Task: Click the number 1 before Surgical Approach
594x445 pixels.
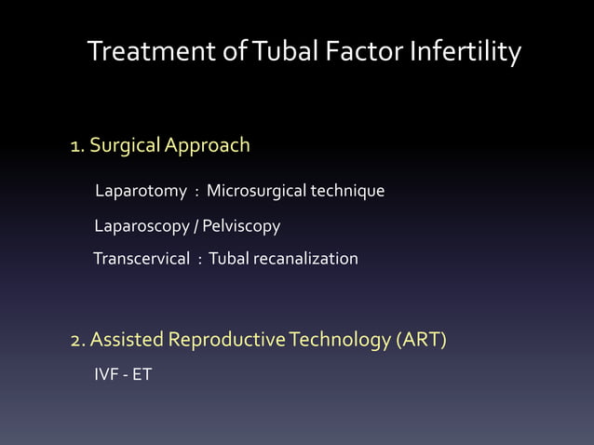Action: [x=75, y=145]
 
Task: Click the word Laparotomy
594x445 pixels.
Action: [x=141, y=192]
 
